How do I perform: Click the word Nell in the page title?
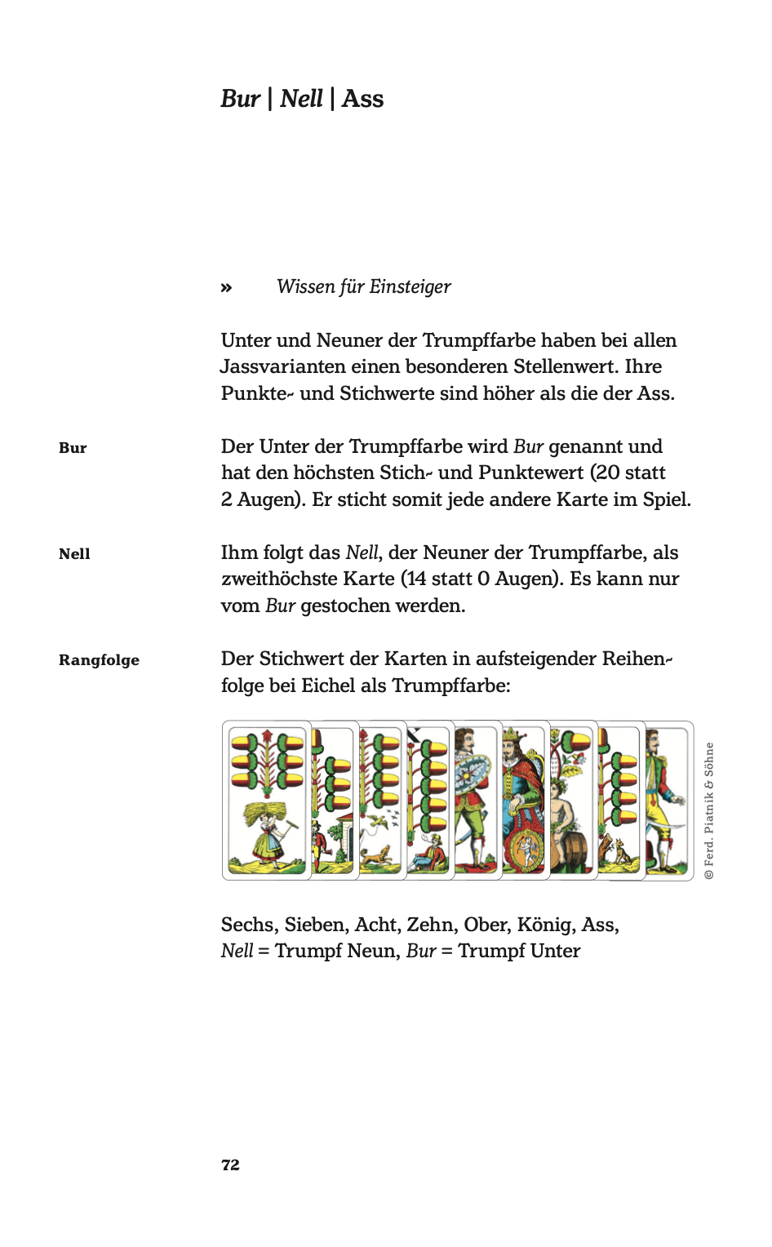coord(301,99)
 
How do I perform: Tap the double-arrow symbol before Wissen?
coord(226,287)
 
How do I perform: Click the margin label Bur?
coord(73,447)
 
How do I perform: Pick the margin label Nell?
coord(74,553)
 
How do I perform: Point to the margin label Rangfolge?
coord(99,659)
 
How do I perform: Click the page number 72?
coord(230,1165)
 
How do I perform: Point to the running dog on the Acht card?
coord(377,854)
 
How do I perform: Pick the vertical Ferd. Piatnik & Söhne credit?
coord(709,810)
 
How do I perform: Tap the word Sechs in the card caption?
coord(250,925)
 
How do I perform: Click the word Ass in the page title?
coord(362,99)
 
